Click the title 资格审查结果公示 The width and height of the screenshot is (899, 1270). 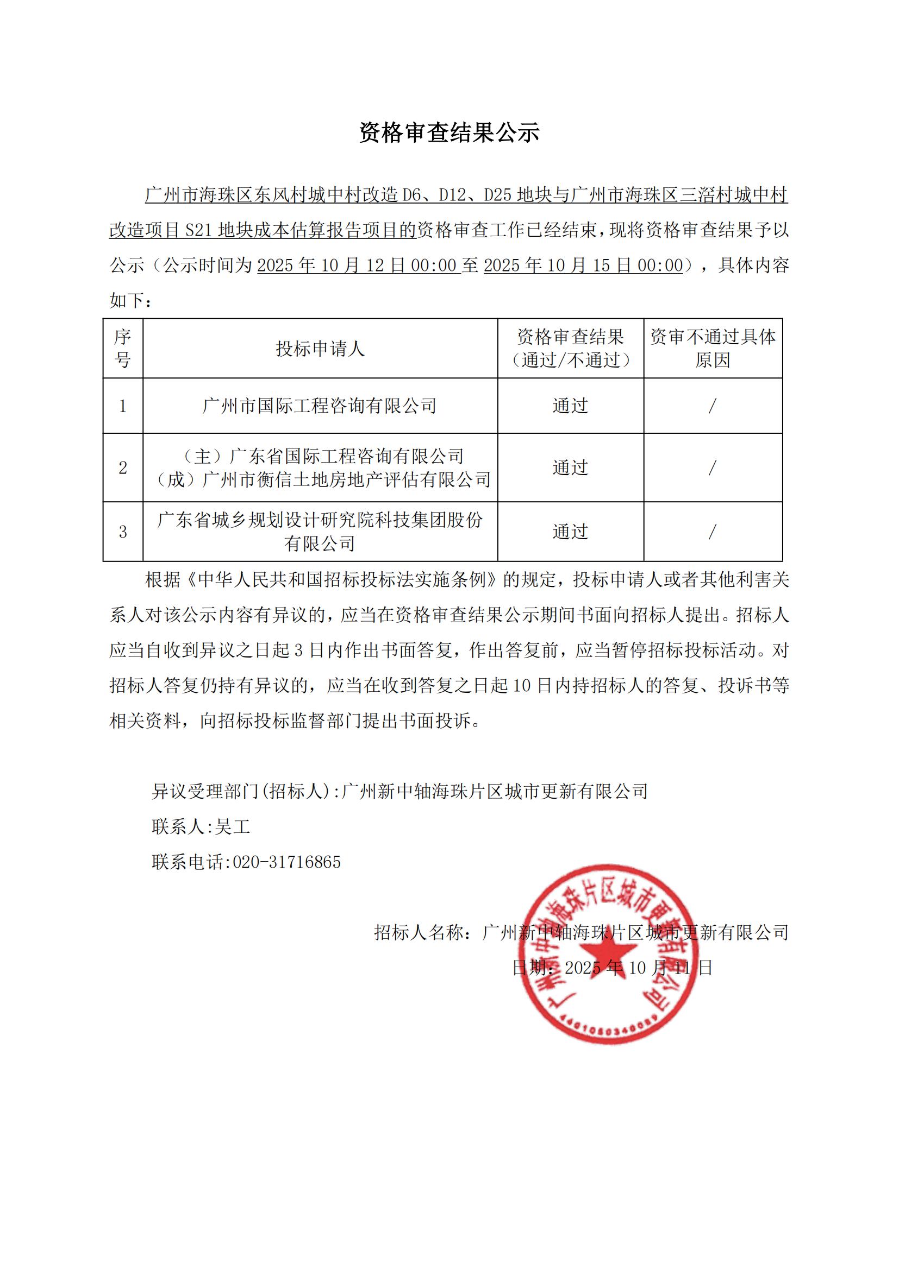(x=449, y=132)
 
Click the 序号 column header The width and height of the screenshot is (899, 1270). (x=122, y=349)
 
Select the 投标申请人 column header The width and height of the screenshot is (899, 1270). (x=320, y=349)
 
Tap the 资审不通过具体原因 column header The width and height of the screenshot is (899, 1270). (x=713, y=349)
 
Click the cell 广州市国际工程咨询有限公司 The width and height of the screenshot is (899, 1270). (x=320, y=406)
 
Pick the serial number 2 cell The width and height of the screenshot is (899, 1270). (x=122, y=468)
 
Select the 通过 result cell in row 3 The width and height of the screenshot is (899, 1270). (x=570, y=532)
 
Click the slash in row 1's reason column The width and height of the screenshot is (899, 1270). (x=713, y=406)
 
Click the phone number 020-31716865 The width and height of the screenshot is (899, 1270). (x=286, y=862)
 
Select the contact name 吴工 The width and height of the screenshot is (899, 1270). (x=233, y=827)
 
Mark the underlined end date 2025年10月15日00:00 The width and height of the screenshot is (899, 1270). (x=583, y=266)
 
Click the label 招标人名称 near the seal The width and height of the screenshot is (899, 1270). (x=420, y=933)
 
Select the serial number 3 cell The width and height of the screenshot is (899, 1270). (x=122, y=532)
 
